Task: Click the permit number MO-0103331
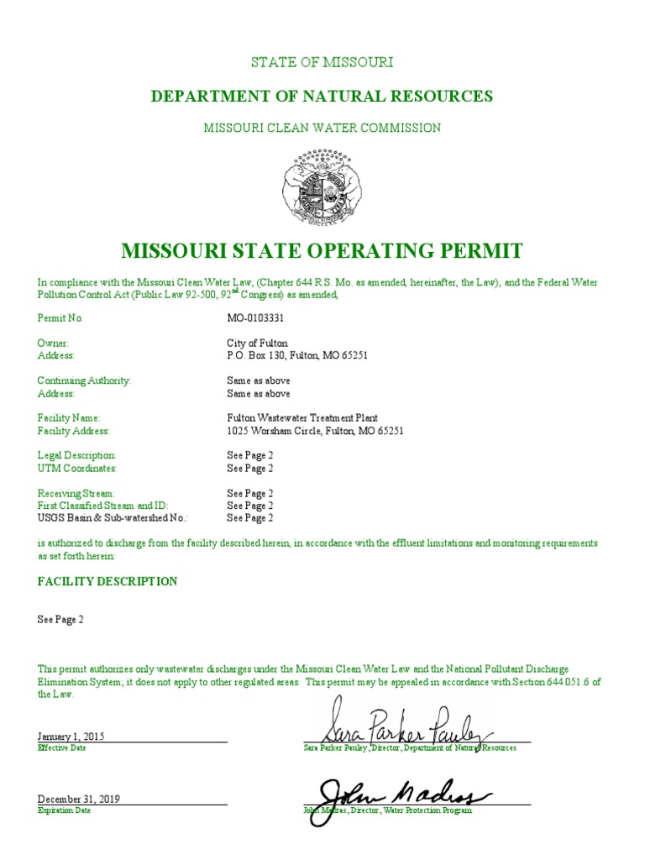255,318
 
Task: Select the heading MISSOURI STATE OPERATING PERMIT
322,250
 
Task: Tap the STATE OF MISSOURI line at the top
322,62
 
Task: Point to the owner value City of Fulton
257,343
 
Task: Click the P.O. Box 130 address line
297,355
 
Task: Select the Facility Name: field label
69,417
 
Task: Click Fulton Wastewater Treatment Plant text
302,417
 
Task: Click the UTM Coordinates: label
77,468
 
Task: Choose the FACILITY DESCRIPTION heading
107,581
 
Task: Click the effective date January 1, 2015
71,736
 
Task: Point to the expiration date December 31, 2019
79,799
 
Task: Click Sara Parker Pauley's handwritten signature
395,724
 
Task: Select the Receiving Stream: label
76,493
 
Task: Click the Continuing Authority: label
84,380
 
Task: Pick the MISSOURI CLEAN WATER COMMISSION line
322,128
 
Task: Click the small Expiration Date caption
65,810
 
